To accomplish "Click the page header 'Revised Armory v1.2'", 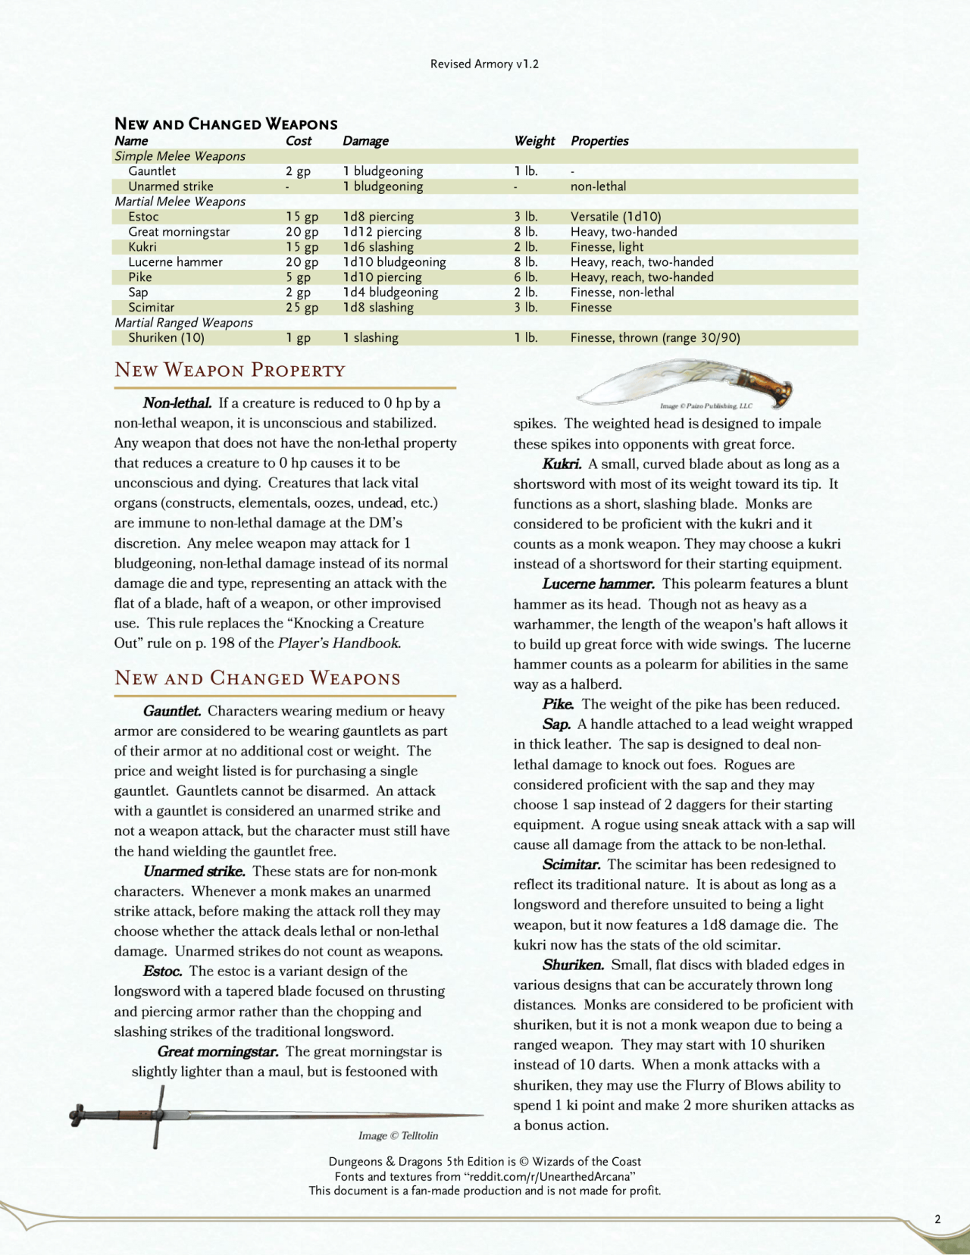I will pos(484,64).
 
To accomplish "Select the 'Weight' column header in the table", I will pos(534,141).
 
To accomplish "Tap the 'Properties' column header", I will pos(599,141).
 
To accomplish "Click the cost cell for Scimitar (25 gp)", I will pos(302,308).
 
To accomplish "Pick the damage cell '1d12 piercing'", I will pos(382,232).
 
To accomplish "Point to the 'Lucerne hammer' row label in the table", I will pos(175,262).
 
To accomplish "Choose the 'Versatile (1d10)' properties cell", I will pos(615,217).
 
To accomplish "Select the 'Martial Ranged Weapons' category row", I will pos(183,323).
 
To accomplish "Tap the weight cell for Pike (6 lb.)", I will pos(526,277).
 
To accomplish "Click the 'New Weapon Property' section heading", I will pos(230,371).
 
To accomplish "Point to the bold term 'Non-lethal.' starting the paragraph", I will pos(177,403).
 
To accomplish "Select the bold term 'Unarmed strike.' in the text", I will pos(194,872).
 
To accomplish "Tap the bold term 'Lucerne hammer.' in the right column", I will pos(598,584).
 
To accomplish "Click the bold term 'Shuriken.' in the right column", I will pos(573,965).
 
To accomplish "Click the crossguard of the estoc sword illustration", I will pos(158,1116).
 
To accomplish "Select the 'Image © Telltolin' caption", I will pos(398,1135).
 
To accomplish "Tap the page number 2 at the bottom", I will pos(937,1219).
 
